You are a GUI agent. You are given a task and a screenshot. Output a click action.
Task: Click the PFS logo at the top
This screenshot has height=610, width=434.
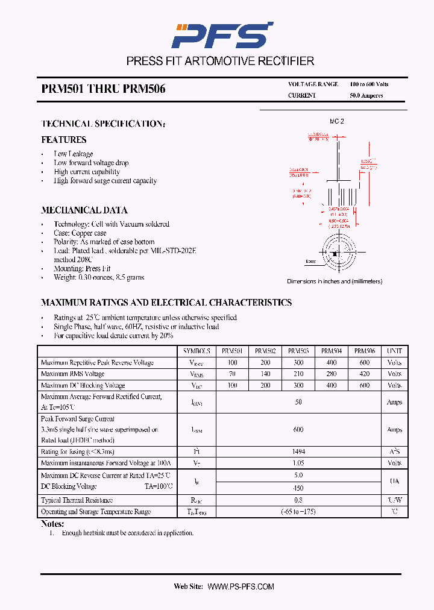[222, 36]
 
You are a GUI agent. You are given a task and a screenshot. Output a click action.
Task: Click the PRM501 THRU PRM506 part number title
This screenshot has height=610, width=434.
[103, 89]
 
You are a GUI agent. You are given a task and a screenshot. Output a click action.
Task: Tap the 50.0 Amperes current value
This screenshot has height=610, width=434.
[366, 95]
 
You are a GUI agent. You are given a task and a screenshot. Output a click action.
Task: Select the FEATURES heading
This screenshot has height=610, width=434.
[64, 140]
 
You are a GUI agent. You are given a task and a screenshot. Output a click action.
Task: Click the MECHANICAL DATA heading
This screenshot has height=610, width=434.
[84, 210]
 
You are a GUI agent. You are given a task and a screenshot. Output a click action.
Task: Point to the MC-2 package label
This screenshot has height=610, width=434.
[336, 121]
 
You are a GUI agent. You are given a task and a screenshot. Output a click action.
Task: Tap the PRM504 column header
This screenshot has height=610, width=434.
[331, 351]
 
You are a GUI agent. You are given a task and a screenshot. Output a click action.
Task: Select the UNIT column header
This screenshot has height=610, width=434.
[394, 351]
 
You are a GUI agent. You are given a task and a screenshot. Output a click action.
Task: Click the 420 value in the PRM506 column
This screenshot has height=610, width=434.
[364, 374]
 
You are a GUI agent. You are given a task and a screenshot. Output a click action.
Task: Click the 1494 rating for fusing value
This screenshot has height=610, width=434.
[298, 451]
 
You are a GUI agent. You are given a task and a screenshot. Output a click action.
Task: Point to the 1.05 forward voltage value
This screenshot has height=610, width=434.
[298, 463]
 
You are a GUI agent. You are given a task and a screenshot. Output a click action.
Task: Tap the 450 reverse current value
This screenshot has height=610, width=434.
[298, 488]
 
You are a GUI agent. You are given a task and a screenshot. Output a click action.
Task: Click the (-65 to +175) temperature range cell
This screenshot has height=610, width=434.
[298, 511]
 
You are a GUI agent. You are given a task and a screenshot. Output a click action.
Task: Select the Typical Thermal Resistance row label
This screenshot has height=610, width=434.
[77, 500]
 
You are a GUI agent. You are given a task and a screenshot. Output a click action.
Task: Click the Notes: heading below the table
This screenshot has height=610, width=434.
[52, 524]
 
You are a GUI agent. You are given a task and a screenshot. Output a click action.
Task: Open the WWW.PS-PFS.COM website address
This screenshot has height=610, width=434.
[241, 586]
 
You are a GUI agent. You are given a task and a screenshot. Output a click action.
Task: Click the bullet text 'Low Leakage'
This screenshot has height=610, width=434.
[73, 154]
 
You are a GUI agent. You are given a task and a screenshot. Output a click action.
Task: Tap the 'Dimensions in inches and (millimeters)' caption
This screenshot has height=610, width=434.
[335, 281]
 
